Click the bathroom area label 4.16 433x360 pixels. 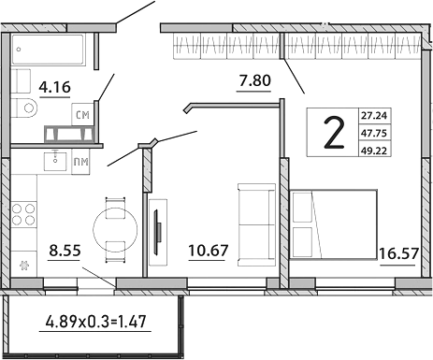tap(53, 91)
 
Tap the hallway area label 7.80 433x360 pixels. tap(254, 80)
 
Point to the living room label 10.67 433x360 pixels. tap(208, 251)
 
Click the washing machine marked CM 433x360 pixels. tap(82, 114)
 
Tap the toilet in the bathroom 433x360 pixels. tap(26, 108)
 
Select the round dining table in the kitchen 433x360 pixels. tap(115, 225)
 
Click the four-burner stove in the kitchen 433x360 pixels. tap(24, 215)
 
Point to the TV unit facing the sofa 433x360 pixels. tap(158, 227)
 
